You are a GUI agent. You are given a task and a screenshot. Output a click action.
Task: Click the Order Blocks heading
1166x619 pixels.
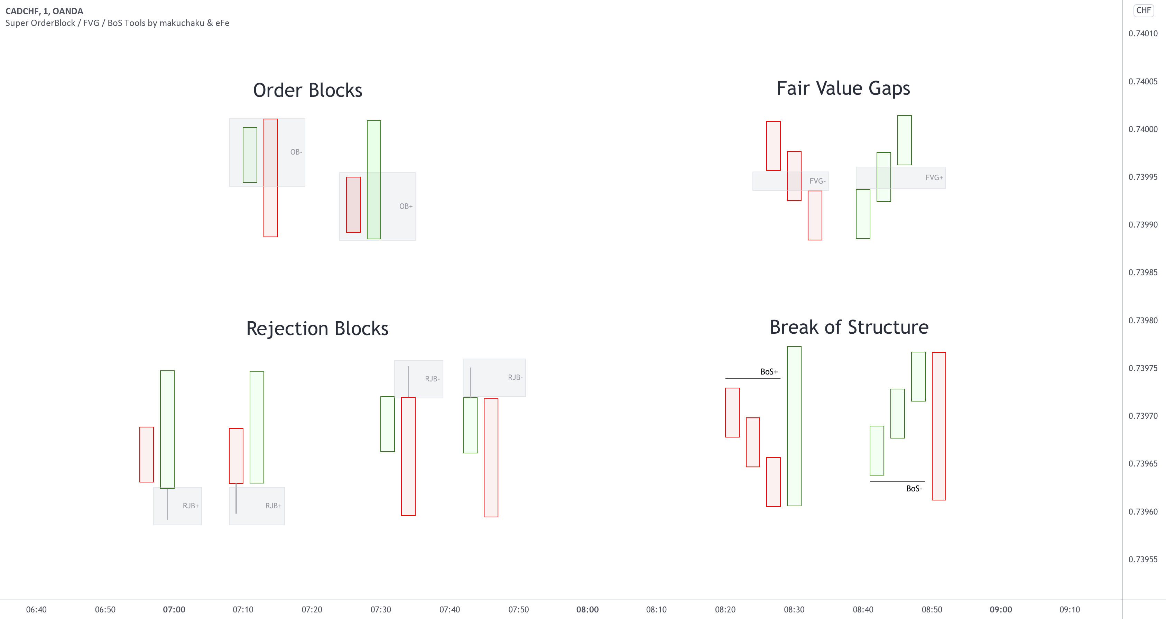pyautogui.click(x=307, y=90)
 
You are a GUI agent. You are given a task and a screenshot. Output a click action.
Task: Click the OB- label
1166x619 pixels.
pyautogui.click(x=296, y=152)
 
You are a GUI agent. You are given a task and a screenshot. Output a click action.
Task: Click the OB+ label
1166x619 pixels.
pyautogui.click(x=406, y=206)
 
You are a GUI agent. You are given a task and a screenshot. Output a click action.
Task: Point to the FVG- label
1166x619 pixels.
pyautogui.click(x=817, y=181)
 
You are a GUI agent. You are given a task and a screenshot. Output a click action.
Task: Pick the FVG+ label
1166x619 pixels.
pyautogui.click(x=934, y=177)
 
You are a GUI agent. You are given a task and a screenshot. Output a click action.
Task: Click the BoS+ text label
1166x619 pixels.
pyautogui.click(x=769, y=372)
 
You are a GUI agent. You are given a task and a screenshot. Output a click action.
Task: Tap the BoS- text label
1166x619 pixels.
pyautogui.click(x=914, y=489)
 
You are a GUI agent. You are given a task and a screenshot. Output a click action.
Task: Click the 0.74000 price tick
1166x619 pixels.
pyautogui.click(x=1142, y=129)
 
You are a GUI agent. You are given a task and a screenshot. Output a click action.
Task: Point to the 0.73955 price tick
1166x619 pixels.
pyautogui.click(x=1142, y=559)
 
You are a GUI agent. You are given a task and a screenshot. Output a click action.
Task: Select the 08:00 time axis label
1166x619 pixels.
pyautogui.click(x=587, y=610)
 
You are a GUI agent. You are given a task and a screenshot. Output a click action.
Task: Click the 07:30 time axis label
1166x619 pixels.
pyautogui.click(x=381, y=610)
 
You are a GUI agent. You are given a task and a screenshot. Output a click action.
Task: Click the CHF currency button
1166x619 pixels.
pyautogui.click(x=1144, y=10)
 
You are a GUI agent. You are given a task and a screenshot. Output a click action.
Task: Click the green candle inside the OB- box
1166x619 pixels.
pyautogui.click(x=250, y=155)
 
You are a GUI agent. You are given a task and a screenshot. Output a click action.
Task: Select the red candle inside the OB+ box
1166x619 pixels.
pyautogui.click(x=353, y=205)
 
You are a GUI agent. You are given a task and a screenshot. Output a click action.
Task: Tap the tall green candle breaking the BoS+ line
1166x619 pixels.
pyautogui.click(x=794, y=426)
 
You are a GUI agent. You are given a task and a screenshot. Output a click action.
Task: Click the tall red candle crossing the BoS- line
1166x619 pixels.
pyautogui.click(x=939, y=426)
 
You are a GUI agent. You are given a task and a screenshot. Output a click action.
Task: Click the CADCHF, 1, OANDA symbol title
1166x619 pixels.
pyautogui.click(x=44, y=11)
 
